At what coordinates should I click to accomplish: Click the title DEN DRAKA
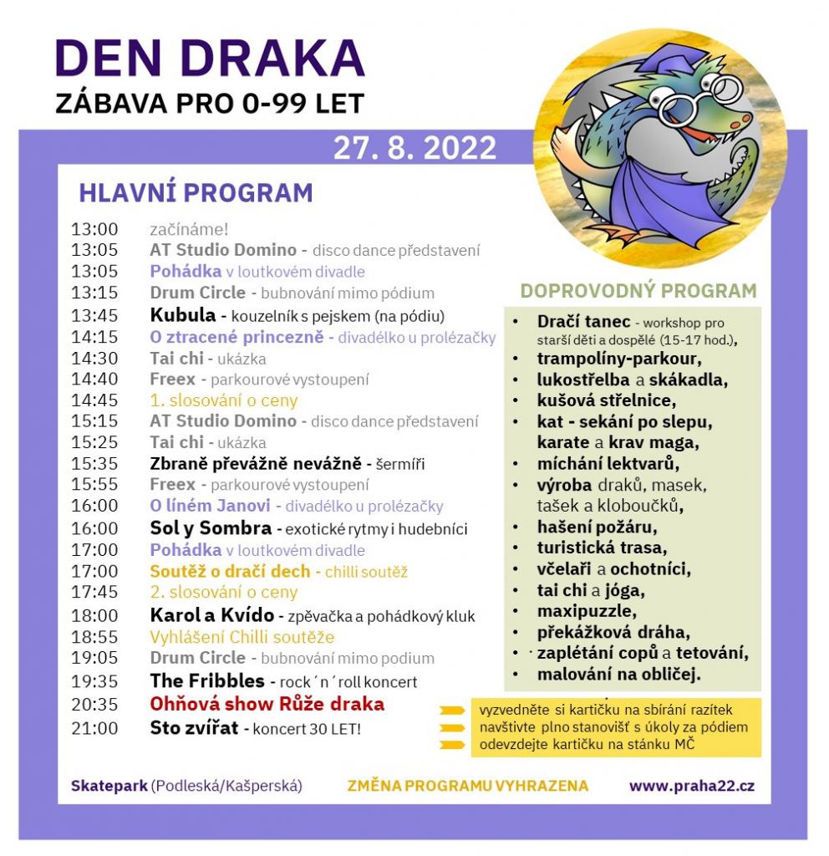click(x=210, y=59)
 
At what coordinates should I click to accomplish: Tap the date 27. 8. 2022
click(x=414, y=148)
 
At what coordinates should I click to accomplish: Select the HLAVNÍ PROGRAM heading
click(x=196, y=193)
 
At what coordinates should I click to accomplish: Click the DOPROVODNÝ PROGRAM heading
click(x=638, y=291)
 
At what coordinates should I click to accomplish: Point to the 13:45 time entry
click(x=94, y=315)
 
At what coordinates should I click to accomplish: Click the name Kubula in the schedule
click(x=183, y=315)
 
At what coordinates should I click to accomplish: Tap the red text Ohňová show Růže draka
click(x=267, y=704)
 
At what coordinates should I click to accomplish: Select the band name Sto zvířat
click(x=194, y=727)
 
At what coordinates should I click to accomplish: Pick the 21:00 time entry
click(x=94, y=728)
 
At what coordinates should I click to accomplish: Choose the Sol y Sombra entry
click(x=210, y=528)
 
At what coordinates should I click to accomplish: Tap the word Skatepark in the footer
click(x=109, y=786)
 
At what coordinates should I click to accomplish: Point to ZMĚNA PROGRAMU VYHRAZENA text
click(x=467, y=786)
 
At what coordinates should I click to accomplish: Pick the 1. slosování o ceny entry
click(x=223, y=400)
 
